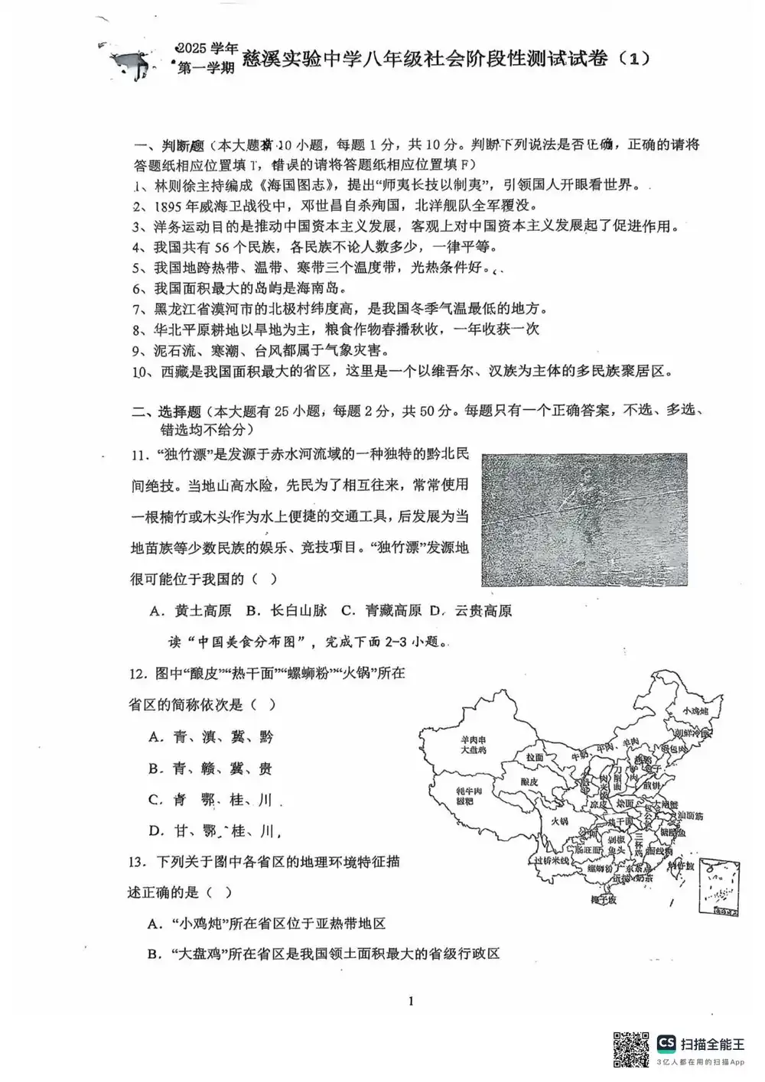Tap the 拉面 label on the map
coord(535,756)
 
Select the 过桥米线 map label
coord(552,860)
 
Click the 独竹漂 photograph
coord(584,520)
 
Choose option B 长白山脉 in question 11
coord(286,610)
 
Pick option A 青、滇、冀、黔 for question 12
coord(211,737)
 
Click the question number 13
coord(136,862)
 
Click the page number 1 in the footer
coord(412,1001)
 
